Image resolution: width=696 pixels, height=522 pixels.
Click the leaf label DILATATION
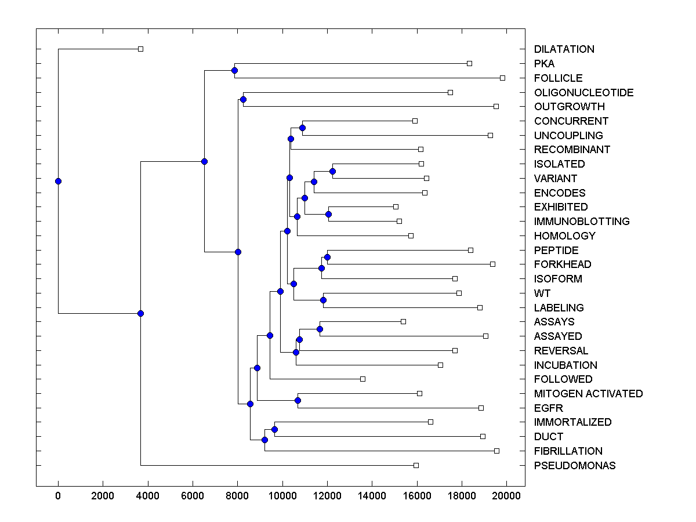pyautogui.click(x=564, y=49)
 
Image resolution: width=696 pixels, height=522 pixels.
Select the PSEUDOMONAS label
pyautogui.click(x=575, y=466)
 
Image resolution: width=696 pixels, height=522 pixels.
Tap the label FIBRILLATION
pyautogui.click(x=568, y=451)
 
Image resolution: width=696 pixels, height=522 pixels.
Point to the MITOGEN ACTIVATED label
pyautogui.click(x=589, y=394)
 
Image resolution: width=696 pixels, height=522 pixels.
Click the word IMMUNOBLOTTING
pyautogui.click(x=582, y=222)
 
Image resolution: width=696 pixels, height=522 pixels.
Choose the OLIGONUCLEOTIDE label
pyautogui.click(x=584, y=93)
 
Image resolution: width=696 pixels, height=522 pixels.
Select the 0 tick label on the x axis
pyautogui.click(x=58, y=495)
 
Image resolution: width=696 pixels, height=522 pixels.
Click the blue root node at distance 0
pyautogui.click(x=58, y=181)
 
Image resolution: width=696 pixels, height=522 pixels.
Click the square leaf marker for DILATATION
pyautogui.click(x=140, y=49)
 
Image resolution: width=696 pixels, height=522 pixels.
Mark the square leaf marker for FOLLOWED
pyautogui.click(x=362, y=379)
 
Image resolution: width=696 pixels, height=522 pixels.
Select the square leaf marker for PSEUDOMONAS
pyautogui.click(x=416, y=465)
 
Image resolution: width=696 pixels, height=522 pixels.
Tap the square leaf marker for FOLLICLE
pyautogui.click(x=502, y=78)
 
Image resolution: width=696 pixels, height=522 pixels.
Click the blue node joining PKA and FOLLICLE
pyautogui.click(x=234, y=71)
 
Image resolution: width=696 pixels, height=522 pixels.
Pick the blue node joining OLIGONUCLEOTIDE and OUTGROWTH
pyautogui.click(x=243, y=100)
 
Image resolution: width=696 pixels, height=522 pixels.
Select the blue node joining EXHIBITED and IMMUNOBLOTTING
pyautogui.click(x=328, y=214)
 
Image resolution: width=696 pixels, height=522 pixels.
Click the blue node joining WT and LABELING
pyautogui.click(x=323, y=300)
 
